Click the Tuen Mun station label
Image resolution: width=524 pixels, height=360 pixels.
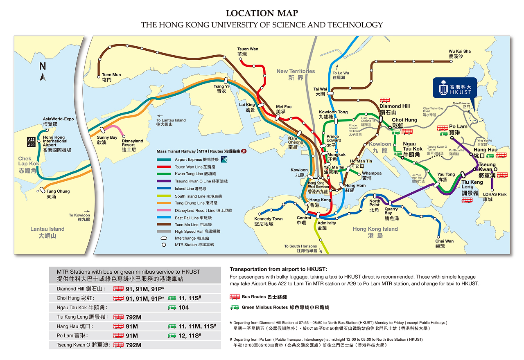point(111,77)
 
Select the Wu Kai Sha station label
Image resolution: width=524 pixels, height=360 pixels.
point(460,54)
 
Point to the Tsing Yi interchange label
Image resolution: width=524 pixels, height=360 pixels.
point(219,89)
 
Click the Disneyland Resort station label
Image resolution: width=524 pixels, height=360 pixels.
point(132,145)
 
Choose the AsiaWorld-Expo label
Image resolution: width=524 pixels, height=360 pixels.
point(58,121)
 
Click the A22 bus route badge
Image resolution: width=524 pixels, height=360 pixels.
point(32,139)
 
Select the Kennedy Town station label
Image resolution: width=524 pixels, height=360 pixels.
point(268,221)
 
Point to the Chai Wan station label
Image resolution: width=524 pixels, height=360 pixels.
point(444,243)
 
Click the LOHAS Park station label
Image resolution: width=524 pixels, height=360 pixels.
point(495,197)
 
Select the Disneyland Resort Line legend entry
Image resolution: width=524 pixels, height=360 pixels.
point(203,210)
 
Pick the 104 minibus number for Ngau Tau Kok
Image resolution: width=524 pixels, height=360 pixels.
point(184,307)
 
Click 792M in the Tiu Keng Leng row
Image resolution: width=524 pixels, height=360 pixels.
point(133,317)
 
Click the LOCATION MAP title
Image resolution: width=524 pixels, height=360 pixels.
point(262,13)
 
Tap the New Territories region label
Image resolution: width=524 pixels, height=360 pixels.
point(296,74)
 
